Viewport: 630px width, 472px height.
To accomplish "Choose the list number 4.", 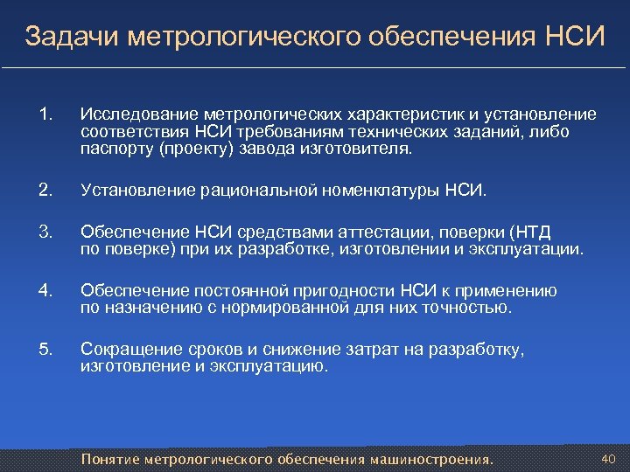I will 46,290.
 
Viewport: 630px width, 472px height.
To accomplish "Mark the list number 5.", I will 46,350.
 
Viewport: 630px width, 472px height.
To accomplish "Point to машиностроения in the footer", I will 432,459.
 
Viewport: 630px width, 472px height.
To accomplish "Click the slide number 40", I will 609,457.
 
